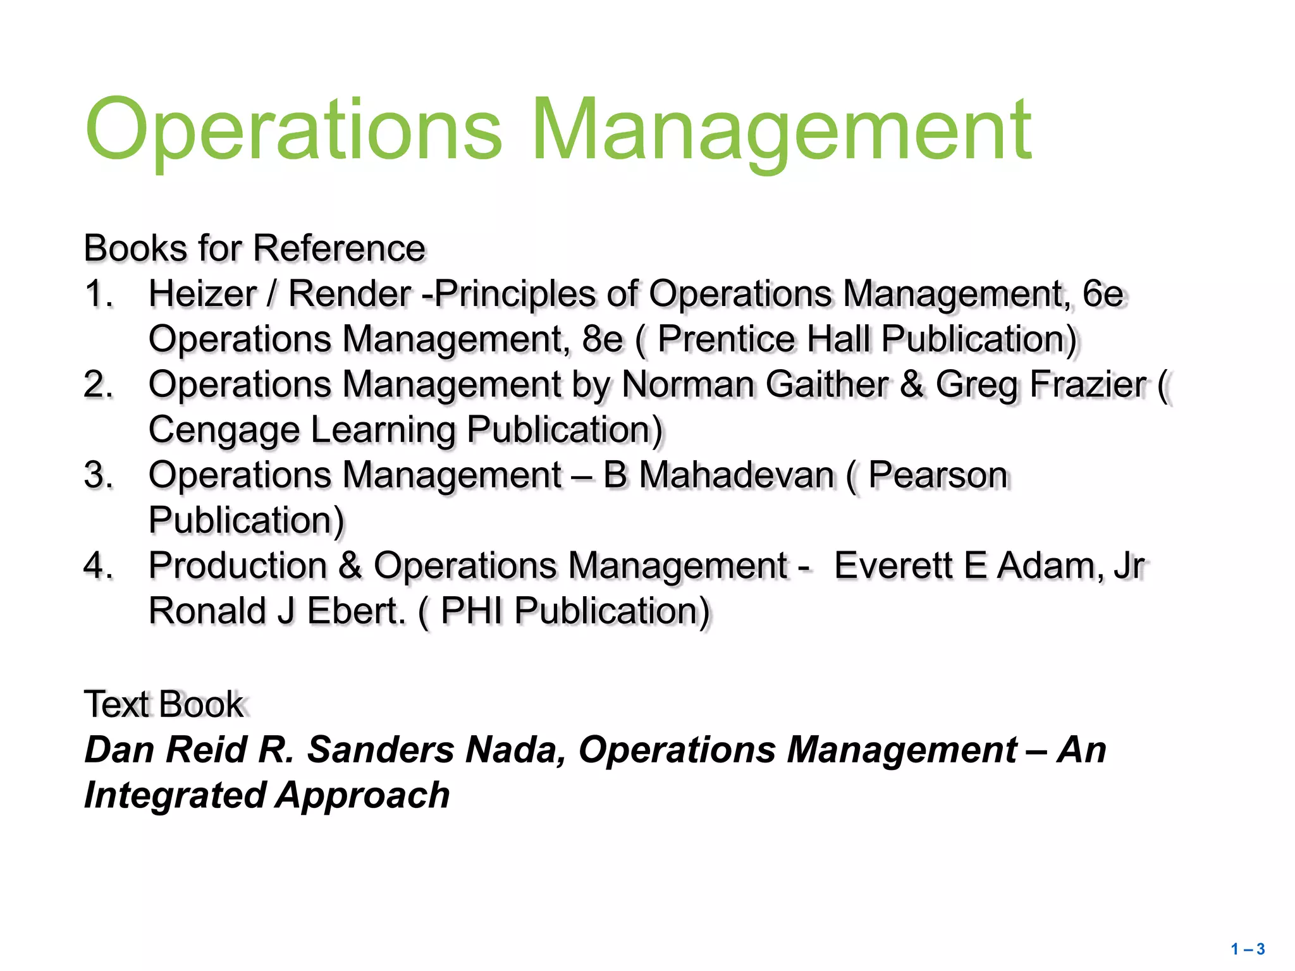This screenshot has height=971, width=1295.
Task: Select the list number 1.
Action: coord(98,295)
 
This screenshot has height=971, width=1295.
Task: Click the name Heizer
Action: coord(202,295)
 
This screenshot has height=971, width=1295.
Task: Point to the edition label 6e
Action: coord(1103,295)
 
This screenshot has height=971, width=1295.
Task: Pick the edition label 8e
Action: coord(603,339)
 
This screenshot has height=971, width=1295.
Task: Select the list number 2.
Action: coord(98,385)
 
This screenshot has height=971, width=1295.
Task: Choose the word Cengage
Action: coord(224,431)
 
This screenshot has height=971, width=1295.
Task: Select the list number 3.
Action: coord(98,475)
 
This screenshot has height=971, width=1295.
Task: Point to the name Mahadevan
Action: coord(737,475)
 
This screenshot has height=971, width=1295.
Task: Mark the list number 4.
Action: coord(98,566)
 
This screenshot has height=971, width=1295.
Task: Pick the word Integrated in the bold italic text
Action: coord(173,795)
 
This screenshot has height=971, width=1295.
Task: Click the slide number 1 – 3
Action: coord(1248,949)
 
